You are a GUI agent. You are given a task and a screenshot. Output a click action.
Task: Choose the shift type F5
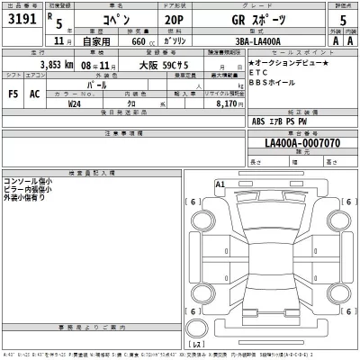13,92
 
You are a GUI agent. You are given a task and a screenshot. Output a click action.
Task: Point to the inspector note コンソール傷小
28,181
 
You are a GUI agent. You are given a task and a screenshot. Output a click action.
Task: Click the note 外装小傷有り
28,197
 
